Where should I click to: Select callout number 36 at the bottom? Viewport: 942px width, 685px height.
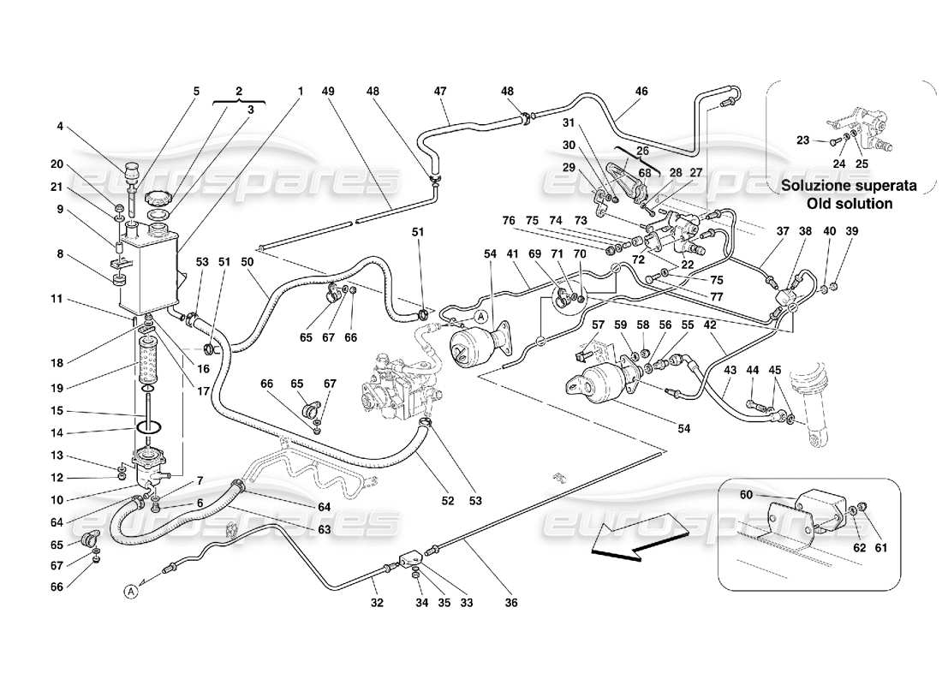(510, 603)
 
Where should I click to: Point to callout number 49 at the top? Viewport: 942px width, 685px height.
(327, 92)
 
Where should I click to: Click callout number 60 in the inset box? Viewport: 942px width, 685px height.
(745, 495)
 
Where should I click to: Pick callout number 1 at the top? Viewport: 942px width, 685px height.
(301, 92)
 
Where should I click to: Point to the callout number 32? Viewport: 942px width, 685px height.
(376, 603)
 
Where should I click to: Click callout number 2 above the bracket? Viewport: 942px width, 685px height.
(239, 91)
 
